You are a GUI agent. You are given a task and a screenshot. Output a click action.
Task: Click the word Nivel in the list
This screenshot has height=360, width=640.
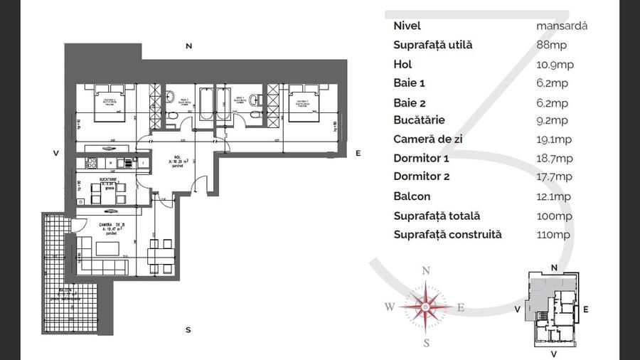point(407,26)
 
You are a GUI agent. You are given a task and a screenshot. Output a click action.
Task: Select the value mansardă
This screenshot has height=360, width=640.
point(562,26)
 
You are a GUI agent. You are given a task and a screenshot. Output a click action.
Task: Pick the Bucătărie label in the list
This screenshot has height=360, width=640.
point(420,120)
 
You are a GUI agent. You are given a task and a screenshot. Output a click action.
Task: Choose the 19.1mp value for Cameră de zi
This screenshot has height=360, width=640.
point(554,139)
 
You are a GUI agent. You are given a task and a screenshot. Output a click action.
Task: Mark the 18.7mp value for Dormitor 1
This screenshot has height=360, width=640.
point(555,158)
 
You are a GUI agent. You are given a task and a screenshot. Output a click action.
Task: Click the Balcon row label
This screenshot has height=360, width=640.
point(412,196)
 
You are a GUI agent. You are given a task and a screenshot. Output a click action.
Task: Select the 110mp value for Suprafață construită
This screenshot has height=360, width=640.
point(553,235)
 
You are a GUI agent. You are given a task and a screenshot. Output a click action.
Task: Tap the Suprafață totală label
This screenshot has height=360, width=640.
point(437,216)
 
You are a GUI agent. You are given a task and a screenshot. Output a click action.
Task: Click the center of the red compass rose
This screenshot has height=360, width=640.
point(425,307)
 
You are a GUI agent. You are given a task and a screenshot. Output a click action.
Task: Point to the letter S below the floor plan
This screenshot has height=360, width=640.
point(188,329)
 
